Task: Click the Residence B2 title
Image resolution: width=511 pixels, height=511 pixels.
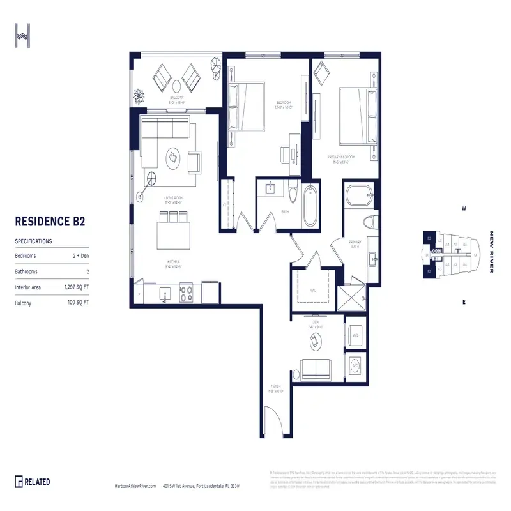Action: [50, 222]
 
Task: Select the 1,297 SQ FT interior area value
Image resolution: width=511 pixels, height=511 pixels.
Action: [75, 287]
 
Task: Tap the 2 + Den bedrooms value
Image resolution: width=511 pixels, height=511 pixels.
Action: [80, 256]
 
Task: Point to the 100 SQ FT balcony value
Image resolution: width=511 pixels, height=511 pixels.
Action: [77, 303]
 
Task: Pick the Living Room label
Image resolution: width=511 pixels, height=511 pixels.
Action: [173, 199]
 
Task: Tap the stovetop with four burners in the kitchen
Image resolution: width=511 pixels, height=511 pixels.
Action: [186, 294]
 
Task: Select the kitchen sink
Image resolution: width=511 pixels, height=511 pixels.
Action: [164, 296]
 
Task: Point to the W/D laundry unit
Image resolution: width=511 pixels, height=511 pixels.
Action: [355, 334]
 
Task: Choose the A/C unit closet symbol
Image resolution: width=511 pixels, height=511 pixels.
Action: [355, 367]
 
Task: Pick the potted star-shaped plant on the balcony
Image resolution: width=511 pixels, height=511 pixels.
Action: [139, 96]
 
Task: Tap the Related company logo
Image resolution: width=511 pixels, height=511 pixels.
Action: [33, 482]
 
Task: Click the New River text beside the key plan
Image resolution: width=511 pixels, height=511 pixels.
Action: [492, 252]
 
